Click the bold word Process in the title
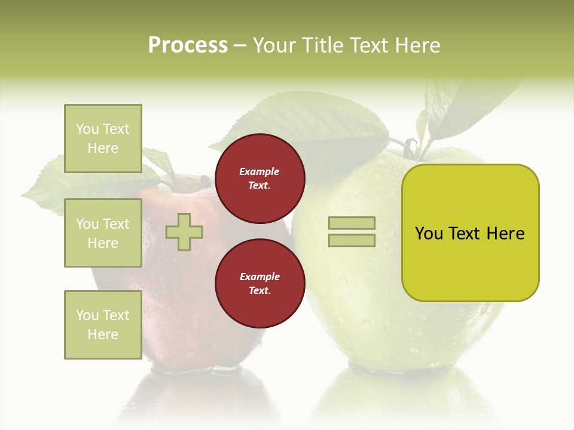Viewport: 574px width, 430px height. [188, 45]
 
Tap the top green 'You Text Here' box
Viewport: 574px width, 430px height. [103, 139]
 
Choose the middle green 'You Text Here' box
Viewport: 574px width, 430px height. [103, 233]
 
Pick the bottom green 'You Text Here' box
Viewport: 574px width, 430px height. [103, 324]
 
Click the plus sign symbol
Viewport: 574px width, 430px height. [184, 232]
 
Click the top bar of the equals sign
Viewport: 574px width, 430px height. [352, 223]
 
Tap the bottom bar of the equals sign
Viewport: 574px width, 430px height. [352, 240]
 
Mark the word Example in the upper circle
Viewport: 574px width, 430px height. [259, 171]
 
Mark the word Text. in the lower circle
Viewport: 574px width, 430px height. [259, 291]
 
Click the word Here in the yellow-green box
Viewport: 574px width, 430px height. [505, 234]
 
